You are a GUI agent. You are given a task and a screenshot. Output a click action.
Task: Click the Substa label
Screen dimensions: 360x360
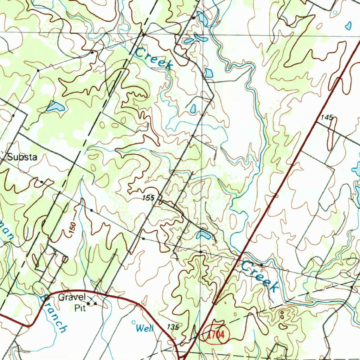pos(22,157)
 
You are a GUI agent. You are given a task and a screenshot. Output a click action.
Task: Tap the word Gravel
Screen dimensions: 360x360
pos(72,297)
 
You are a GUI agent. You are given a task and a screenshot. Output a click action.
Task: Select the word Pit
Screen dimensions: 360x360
pos(80,308)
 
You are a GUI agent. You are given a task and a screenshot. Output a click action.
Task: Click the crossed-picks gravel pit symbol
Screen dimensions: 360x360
pos(92,301)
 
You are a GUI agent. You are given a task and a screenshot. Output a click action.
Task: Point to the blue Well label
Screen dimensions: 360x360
pos(144,329)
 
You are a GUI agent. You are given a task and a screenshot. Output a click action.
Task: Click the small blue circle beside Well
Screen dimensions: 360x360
pos(133,322)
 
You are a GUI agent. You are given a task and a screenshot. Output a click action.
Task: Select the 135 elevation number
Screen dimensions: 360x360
pos(173,327)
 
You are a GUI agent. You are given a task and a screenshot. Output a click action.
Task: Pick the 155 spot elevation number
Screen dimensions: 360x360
pos(148,198)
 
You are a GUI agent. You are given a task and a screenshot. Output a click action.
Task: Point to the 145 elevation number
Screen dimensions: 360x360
pos(327,117)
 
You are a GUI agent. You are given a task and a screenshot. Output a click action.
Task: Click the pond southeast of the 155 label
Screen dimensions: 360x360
pos(204,235)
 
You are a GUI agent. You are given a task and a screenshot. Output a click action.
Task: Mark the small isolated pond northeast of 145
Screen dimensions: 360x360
pos(348,25)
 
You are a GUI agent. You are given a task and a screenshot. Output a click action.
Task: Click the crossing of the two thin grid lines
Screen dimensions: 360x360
pos(203,34)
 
